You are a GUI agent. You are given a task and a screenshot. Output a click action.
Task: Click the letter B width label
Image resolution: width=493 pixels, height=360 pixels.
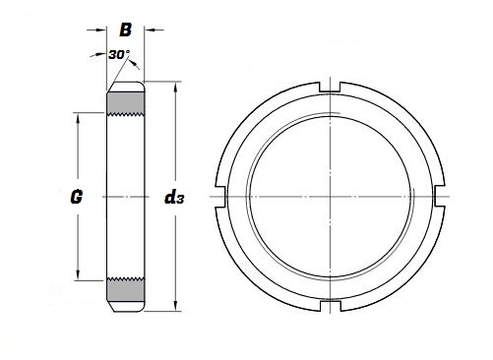click(126, 29)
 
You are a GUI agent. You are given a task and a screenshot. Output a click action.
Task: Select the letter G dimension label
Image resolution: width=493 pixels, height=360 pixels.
click(77, 197)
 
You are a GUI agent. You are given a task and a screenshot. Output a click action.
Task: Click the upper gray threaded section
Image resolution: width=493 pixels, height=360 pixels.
click(126, 102)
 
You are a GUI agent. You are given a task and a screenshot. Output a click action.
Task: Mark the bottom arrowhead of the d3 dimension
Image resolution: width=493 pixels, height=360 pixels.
click(176, 306)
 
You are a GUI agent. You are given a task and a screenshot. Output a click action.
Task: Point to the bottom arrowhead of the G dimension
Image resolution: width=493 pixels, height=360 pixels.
click(78, 277)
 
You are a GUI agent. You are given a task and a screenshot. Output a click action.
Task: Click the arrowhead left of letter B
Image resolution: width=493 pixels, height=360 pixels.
click(102, 29)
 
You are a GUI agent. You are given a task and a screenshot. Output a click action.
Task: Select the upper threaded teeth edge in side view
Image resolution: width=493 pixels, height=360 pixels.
click(126, 114)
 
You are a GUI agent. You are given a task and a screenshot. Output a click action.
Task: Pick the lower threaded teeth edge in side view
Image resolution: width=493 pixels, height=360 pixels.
click(126, 280)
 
